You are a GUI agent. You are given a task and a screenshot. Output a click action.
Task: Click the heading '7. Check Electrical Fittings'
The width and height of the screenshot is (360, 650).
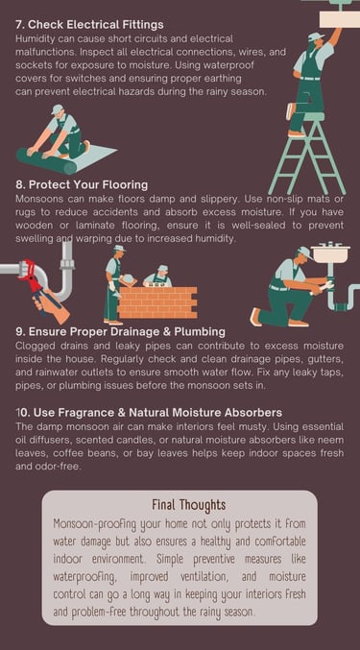click(x=89, y=25)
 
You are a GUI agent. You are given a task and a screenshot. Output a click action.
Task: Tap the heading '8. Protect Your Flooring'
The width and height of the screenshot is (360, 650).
click(x=82, y=184)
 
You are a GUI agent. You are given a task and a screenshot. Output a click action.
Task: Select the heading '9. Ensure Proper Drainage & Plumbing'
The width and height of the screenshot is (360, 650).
click(x=121, y=331)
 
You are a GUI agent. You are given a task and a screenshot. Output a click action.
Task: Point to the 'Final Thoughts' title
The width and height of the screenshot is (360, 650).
click(x=189, y=505)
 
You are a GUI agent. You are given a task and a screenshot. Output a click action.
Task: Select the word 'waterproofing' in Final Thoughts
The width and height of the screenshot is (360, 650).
click(x=81, y=577)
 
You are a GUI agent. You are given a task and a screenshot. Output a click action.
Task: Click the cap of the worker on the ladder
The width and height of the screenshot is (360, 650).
click(x=316, y=37)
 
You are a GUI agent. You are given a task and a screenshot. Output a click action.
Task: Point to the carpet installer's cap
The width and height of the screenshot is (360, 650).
click(x=58, y=109)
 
